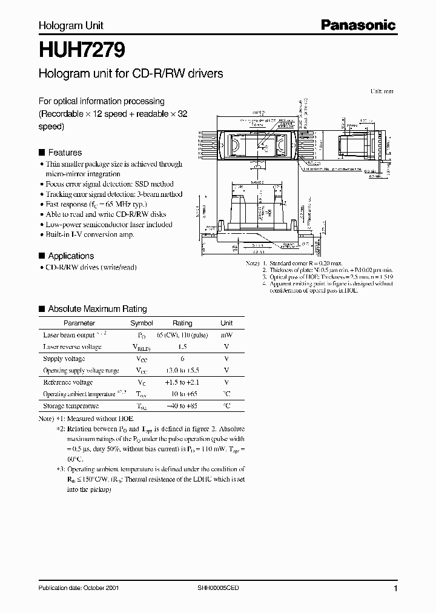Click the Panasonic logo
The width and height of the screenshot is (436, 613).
pyautogui.click(x=358, y=25)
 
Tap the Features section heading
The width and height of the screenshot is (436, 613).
pyautogui.click(x=64, y=153)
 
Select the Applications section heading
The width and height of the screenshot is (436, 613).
pyautogui.click(x=70, y=256)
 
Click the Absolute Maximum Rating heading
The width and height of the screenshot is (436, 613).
pyautogui.click(x=97, y=309)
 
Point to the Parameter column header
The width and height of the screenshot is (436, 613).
pyautogui.click(x=79, y=323)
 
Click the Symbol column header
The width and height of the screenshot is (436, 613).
pyautogui.click(x=142, y=323)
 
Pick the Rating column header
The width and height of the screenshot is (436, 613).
pyautogui.click(x=182, y=323)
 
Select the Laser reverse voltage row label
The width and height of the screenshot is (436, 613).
pyautogui.click(x=72, y=347)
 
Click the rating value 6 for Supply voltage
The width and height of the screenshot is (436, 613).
pyautogui.click(x=182, y=359)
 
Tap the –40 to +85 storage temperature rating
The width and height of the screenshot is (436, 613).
pyautogui.click(x=182, y=406)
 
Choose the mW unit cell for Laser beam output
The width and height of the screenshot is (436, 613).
pyautogui.click(x=226, y=335)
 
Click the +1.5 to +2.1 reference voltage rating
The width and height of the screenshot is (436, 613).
pyautogui.click(x=182, y=382)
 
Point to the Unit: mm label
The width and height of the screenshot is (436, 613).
pyautogui.click(x=381, y=91)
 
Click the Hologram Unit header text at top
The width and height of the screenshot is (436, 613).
pyautogui.click(x=71, y=25)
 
